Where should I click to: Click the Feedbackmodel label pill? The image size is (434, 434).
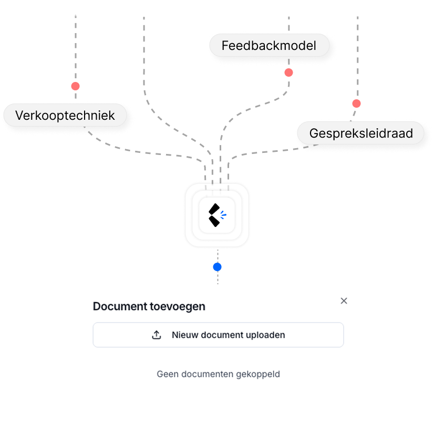coord(269,46)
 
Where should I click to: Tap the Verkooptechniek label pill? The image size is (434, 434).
coord(65,116)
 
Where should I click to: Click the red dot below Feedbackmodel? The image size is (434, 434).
coord(288,73)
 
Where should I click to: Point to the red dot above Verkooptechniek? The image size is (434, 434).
coord(76,86)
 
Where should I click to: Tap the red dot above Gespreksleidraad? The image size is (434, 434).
coord(356,104)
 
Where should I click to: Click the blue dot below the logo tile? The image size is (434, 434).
coord(217,267)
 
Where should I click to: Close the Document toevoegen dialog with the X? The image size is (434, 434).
coord(344,301)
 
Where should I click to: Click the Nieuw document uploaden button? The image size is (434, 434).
coord(218,335)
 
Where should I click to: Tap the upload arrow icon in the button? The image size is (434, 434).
coord(157,335)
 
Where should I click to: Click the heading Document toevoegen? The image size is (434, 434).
coord(149,306)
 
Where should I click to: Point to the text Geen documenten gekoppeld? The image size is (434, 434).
coord(218,374)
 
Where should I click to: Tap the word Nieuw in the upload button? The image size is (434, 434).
coord(183,335)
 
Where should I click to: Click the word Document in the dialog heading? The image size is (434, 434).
coord(118,306)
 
